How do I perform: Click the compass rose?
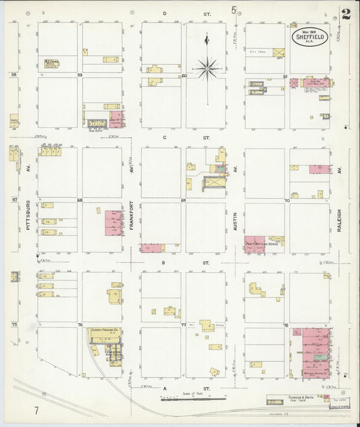coord(207,66)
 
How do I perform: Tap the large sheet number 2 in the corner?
coord(346,14)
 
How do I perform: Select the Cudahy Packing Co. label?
coord(105,331)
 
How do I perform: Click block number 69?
coord(183,201)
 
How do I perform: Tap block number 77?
coord(183,325)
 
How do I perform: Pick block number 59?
coord(80,75)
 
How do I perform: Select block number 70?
coord(286,201)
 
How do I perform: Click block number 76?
coord(80,325)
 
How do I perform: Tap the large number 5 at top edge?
coord(234,9)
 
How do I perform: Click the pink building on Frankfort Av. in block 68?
coord(113,222)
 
